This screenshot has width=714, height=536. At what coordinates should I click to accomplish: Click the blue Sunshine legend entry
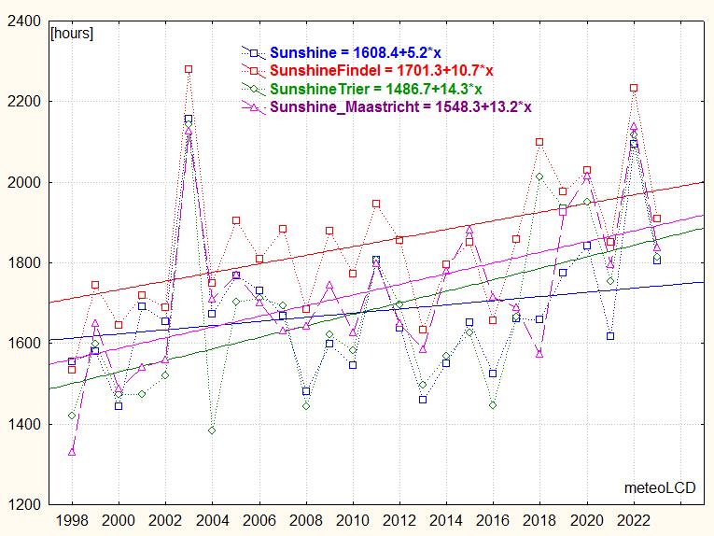[x=356, y=52]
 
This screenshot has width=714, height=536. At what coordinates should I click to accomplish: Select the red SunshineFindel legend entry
[x=382, y=70]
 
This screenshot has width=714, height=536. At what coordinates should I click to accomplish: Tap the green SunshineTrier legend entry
[x=376, y=89]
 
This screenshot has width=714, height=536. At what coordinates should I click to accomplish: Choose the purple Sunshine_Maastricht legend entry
[x=400, y=106]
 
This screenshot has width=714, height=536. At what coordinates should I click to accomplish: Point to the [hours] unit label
[x=72, y=33]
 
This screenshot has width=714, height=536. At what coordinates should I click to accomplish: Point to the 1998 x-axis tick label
[x=72, y=518]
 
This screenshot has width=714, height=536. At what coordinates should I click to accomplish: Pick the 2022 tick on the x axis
[x=634, y=518]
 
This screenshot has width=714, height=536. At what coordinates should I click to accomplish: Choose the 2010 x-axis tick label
[x=353, y=518]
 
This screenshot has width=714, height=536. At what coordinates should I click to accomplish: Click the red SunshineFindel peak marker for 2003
[x=189, y=69]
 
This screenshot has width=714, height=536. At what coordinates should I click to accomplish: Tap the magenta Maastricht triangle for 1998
[x=72, y=452]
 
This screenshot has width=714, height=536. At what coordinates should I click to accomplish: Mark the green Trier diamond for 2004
[x=212, y=430]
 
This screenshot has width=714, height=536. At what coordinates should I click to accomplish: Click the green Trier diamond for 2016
[x=493, y=405]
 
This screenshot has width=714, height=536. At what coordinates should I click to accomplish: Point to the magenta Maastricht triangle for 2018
[x=539, y=353]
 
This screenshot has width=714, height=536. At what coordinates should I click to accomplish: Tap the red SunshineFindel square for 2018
[x=539, y=142]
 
